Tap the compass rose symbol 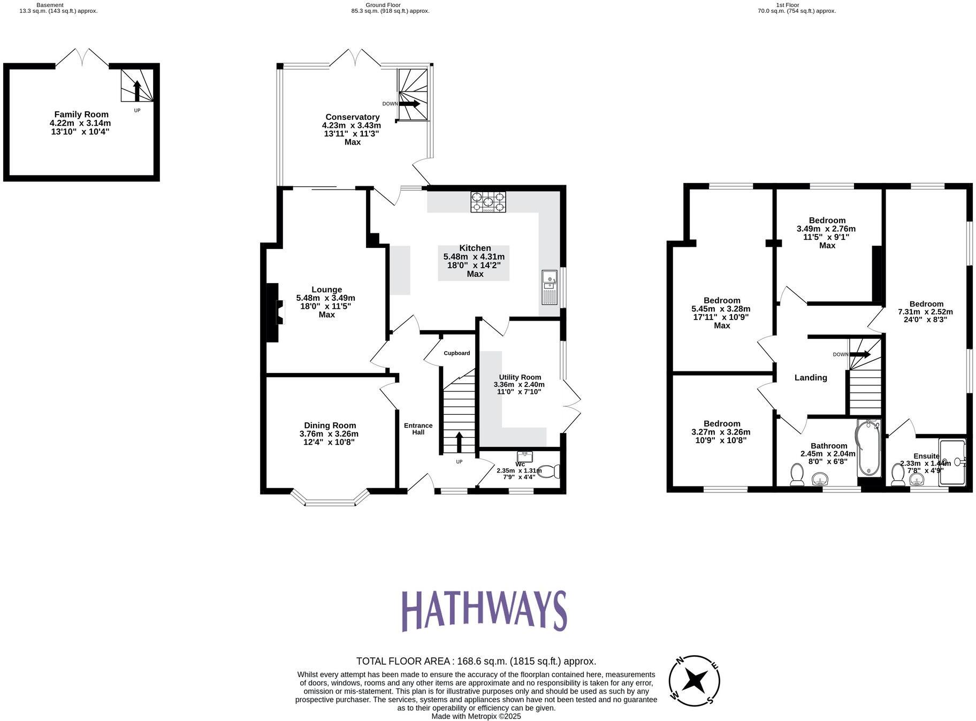tap(694, 681)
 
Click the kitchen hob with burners tap(487, 202)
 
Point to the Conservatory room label tap(353, 117)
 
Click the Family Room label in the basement tap(81, 114)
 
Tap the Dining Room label tap(330, 426)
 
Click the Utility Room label tap(520, 377)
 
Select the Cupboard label tap(456, 353)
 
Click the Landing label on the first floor tap(810, 378)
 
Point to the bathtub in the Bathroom tap(868, 449)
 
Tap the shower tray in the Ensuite tap(952, 461)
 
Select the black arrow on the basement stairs tap(137, 90)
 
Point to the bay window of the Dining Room tap(331, 500)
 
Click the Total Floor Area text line tap(476, 661)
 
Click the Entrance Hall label tap(418, 429)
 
